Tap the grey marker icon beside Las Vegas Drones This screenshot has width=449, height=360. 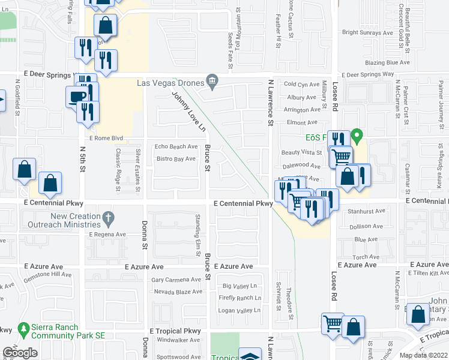tap(212, 81)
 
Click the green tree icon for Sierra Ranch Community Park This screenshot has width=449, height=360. tap(23, 329)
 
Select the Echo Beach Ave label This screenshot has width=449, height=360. tap(176, 146)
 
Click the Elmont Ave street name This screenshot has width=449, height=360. tap(301, 122)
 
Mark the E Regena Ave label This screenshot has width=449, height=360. tap(107, 235)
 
